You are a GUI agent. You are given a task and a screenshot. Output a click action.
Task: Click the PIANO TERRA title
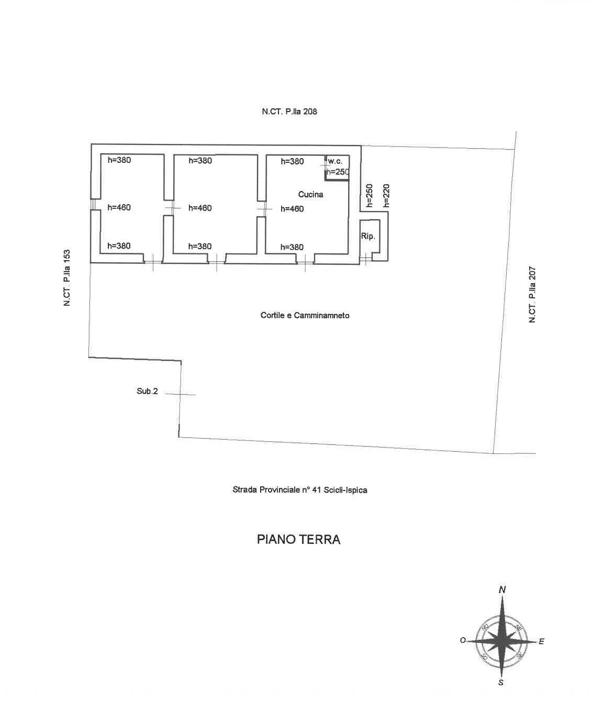299,540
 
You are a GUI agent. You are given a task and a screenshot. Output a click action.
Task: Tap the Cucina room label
311,194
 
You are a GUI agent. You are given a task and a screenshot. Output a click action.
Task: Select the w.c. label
335,162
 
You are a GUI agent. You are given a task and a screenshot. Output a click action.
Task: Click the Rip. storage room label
368,236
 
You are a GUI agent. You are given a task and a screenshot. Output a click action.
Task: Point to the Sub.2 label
147,392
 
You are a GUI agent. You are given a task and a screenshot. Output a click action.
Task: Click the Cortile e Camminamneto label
305,315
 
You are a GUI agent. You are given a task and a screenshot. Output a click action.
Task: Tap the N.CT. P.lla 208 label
289,112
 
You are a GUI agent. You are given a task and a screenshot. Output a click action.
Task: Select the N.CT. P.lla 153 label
67,278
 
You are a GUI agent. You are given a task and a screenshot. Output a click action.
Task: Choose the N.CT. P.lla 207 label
532,295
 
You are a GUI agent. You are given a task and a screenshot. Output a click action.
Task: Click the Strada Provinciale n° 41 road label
300,490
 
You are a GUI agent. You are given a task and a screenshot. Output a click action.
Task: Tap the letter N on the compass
502,589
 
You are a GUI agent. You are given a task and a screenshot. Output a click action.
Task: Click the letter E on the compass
541,642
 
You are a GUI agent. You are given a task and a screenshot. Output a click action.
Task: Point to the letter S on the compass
501,693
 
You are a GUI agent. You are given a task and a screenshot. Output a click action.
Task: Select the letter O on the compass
463,640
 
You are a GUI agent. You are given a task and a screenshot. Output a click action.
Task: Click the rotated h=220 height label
386,196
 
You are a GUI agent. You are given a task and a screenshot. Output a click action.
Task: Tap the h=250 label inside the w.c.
337,172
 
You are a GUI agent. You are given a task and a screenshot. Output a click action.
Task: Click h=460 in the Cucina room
292,209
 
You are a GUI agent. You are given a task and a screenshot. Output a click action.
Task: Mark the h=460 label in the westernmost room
119,207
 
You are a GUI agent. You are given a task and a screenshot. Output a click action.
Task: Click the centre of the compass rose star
501,641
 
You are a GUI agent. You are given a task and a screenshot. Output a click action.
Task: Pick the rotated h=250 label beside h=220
369,196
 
